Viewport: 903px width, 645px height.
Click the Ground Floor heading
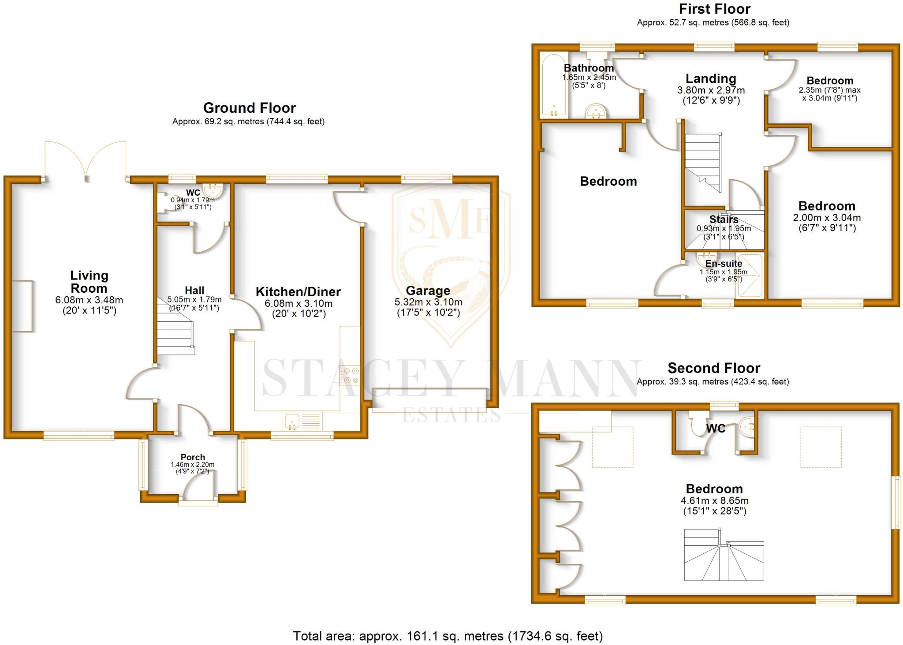pyautogui.click(x=249, y=108)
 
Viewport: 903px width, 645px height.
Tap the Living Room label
pyautogui.click(x=89, y=282)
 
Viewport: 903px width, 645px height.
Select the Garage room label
pyautogui.click(x=428, y=291)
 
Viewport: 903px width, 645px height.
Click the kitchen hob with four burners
pyautogui.click(x=351, y=376)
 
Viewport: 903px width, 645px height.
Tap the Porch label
pyautogui.click(x=193, y=457)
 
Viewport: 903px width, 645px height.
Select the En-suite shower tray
pyautogui.click(x=750, y=276)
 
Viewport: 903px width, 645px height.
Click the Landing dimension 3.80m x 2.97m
pyautogui.click(x=711, y=90)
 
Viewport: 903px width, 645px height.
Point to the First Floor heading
pyautogui.click(x=714, y=9)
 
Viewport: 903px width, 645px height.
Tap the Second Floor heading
pyautogui.click(x=713, y=368)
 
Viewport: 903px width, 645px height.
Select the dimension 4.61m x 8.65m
pyautogui.click(x=714, y=501)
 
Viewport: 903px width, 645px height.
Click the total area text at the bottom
pyautogui.click(x=448, y=636)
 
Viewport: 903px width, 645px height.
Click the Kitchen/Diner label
pyautogui.click(x=298, y=292)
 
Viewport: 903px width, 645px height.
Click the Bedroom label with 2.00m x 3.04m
pyautogui.click(x=827, y=206)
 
